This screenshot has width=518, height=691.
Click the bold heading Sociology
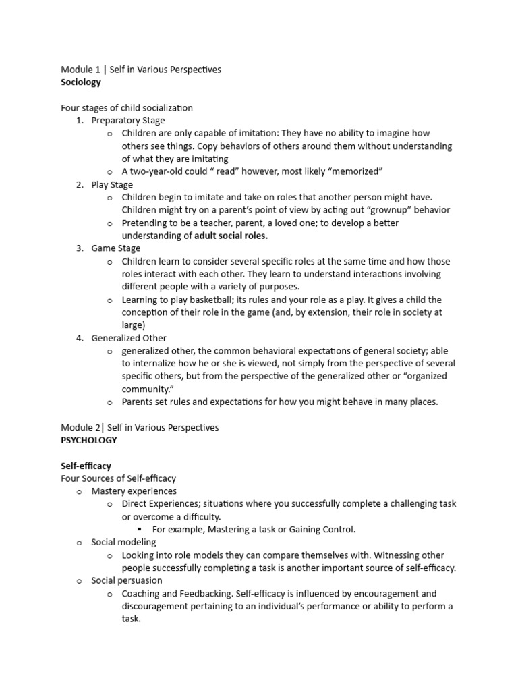[81, 82]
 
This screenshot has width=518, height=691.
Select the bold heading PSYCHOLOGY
[88, 440]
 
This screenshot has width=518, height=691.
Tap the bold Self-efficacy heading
[86, 466]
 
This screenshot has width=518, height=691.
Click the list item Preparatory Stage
[128, 121]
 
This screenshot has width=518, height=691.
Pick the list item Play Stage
[112, 184]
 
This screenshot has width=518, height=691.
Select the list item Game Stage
[116, 248]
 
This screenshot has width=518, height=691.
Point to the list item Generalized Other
[129, 338]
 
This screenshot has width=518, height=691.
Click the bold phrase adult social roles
[231, 236]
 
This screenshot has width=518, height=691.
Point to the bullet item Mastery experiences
[134, 491]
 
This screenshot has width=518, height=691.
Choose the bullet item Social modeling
[123, 542]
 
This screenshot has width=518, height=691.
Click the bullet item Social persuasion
[127, 580]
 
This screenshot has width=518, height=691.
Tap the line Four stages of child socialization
[127, 108]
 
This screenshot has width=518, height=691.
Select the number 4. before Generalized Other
[80, 338]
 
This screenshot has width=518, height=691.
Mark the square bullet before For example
[140, 530]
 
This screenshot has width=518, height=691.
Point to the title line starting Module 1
[141, 70]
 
